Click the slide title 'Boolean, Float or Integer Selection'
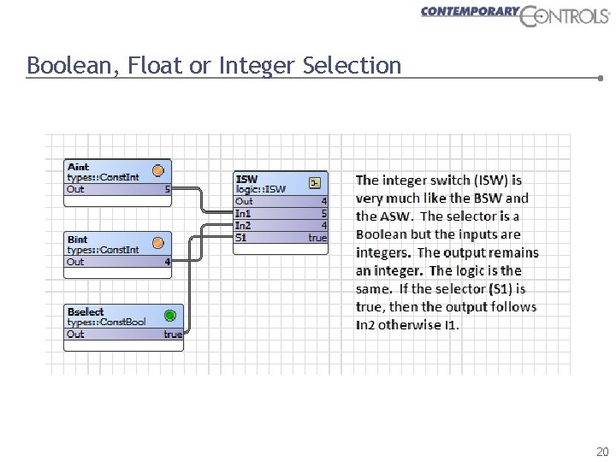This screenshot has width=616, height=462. (x=214, y=65)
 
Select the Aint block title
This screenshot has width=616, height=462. (x=78, y=167)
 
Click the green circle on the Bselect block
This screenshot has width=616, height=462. (x=170, y=316)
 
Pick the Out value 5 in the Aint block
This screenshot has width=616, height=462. (x=168, y=189)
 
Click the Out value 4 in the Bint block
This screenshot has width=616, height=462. (x=168, y=262)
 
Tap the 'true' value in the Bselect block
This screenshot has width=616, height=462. (x=173, y=335)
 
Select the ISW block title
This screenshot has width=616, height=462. (x=246, y=179)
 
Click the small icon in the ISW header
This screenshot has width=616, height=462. (x=315, y=182)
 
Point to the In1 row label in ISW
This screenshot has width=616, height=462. (x=244, y=213)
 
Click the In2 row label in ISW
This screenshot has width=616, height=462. (x=244, y=225)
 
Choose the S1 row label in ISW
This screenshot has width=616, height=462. (x=241, y=237)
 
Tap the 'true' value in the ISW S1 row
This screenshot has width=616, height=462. (x=317, y=237)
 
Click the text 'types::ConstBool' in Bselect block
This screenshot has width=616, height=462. (x=107, y=323)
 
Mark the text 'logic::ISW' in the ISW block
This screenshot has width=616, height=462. (x=261, y=189)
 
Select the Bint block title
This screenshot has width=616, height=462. (x=77, y=240)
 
